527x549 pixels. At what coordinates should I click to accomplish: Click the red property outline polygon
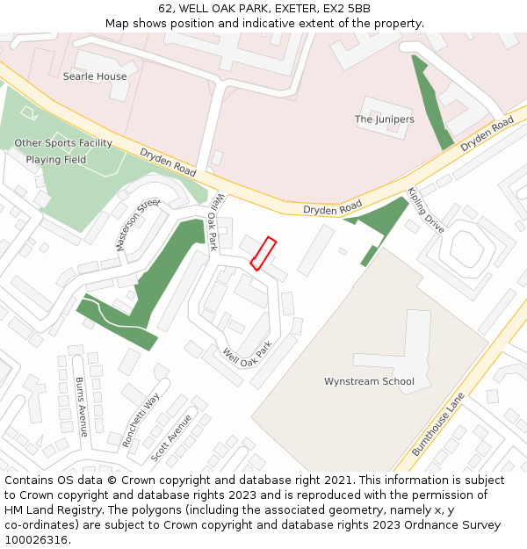(263, 253)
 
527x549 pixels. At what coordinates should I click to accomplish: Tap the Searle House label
(95, 76)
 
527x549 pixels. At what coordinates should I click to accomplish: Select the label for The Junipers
(384, 119)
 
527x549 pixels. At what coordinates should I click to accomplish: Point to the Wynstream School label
(369, 381)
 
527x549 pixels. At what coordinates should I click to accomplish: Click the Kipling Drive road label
(426, 211)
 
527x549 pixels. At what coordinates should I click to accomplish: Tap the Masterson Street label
(139, 224)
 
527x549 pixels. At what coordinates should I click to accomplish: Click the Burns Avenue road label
(81, 407)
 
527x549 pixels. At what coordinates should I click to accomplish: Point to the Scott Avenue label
(171, 438)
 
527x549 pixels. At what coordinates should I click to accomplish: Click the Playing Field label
(56, 160)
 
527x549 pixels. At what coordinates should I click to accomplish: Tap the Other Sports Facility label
(63, 143)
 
